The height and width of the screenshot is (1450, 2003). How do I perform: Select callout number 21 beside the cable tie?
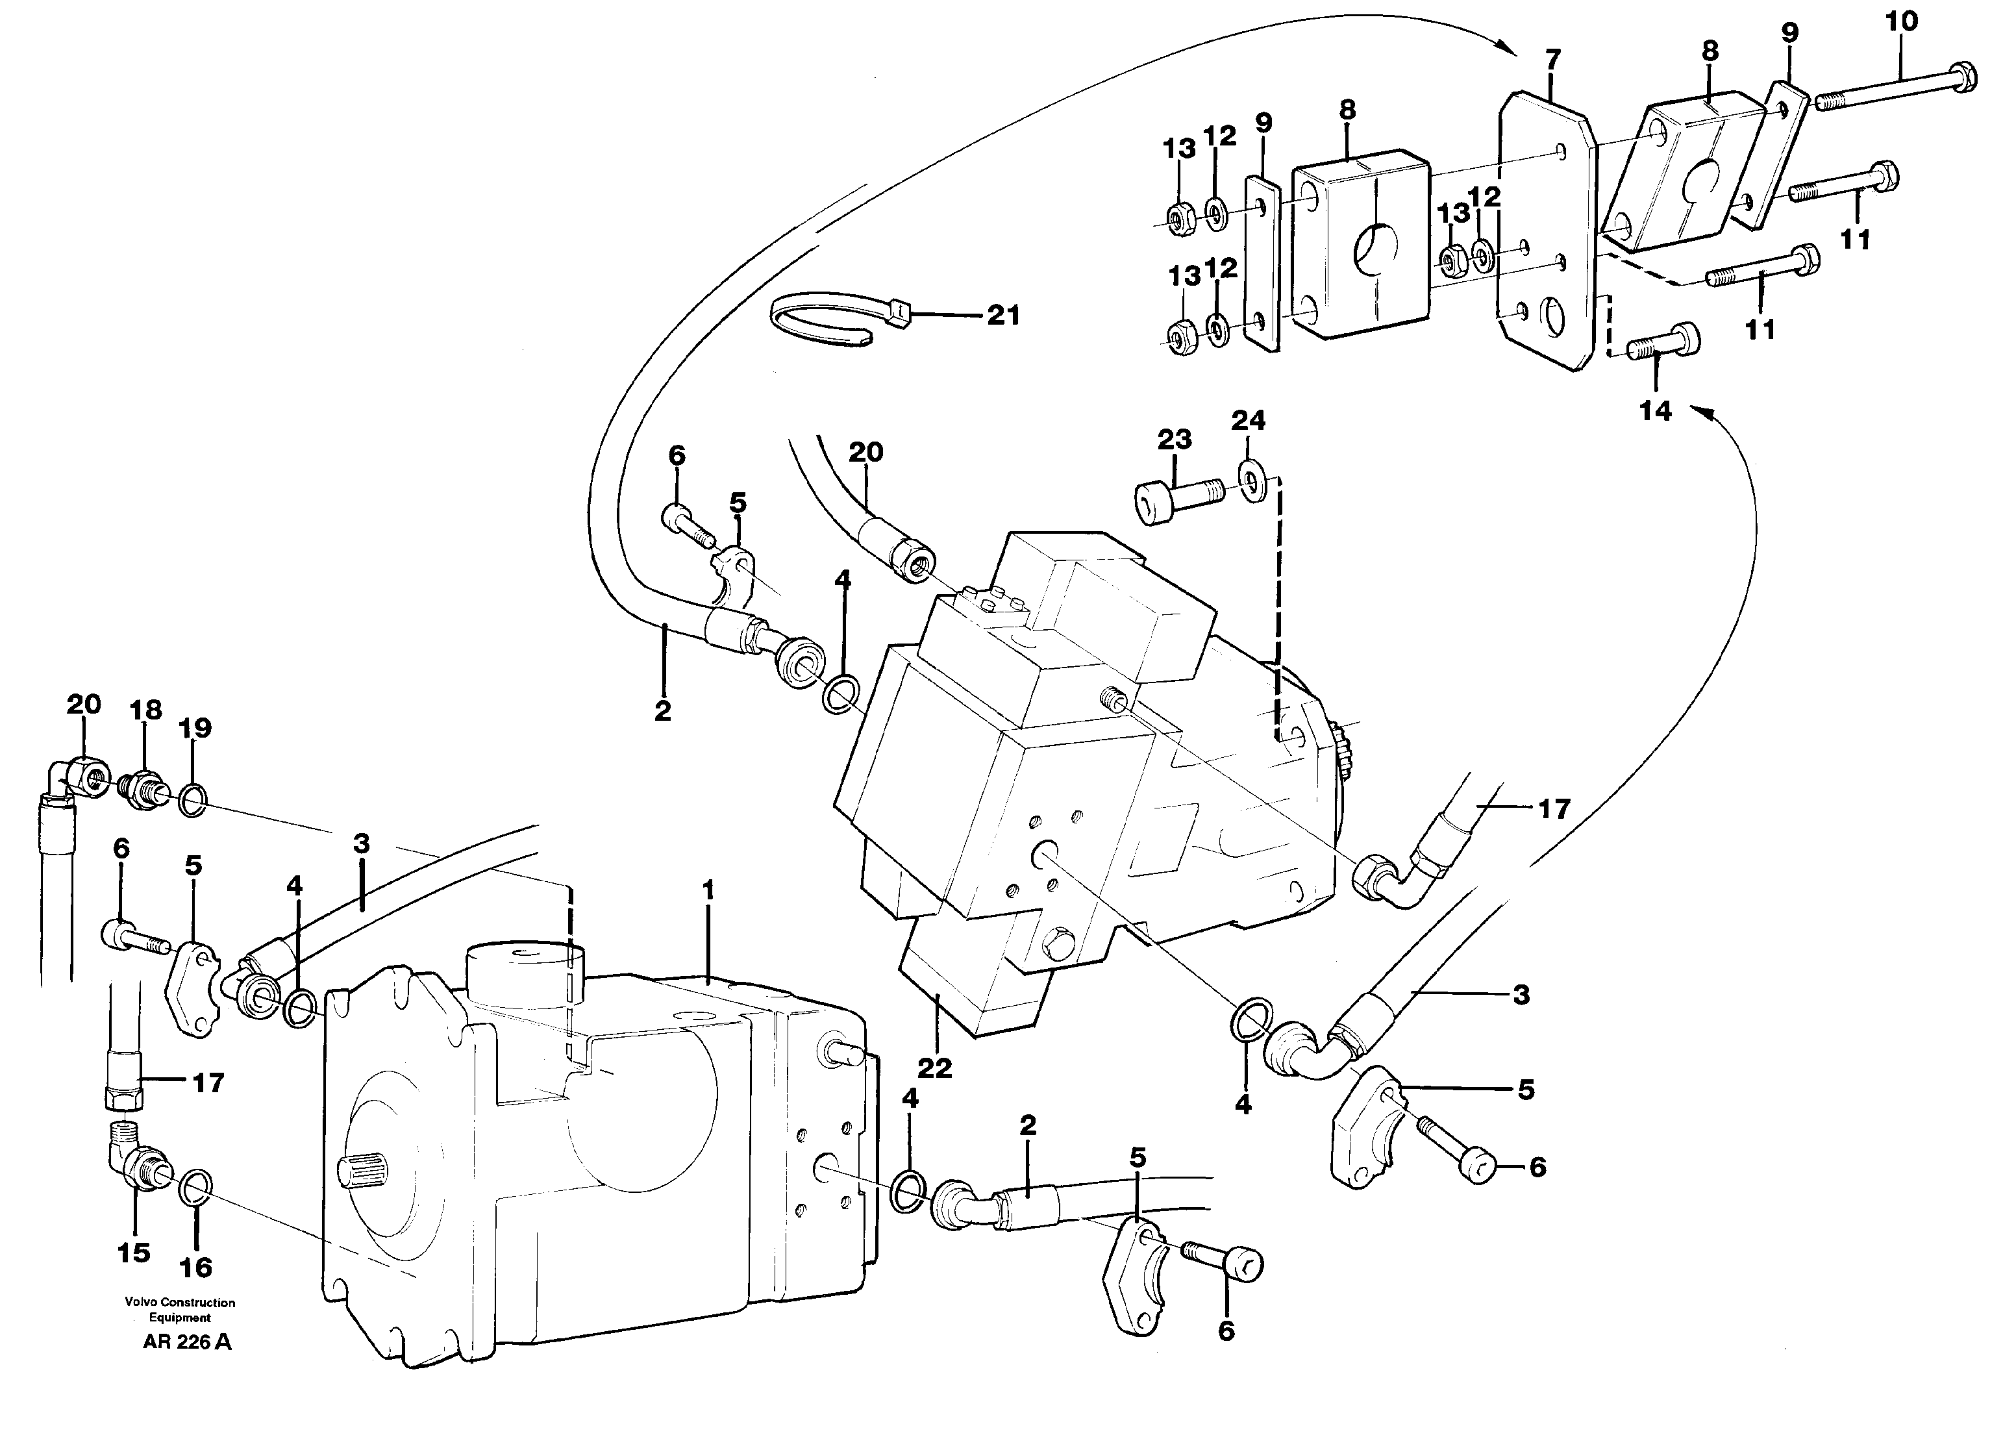click(1003, 315)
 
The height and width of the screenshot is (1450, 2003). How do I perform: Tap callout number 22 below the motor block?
click(934, 1069)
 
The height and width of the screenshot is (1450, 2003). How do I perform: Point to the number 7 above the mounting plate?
click(1552, 59)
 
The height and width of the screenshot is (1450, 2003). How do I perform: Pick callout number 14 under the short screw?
click(1655, 410)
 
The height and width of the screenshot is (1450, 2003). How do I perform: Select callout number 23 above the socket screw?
click(1175, 439)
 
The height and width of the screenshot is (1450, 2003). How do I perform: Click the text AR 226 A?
click(187, 1343)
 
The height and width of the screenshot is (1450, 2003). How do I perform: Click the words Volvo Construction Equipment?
click(180, 1310)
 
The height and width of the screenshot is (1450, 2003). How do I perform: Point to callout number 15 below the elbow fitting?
click(133, 1252)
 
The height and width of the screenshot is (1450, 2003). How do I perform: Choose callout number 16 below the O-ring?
click(195, 1268)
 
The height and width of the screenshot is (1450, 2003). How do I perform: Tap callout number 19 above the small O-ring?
click(195, 728)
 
